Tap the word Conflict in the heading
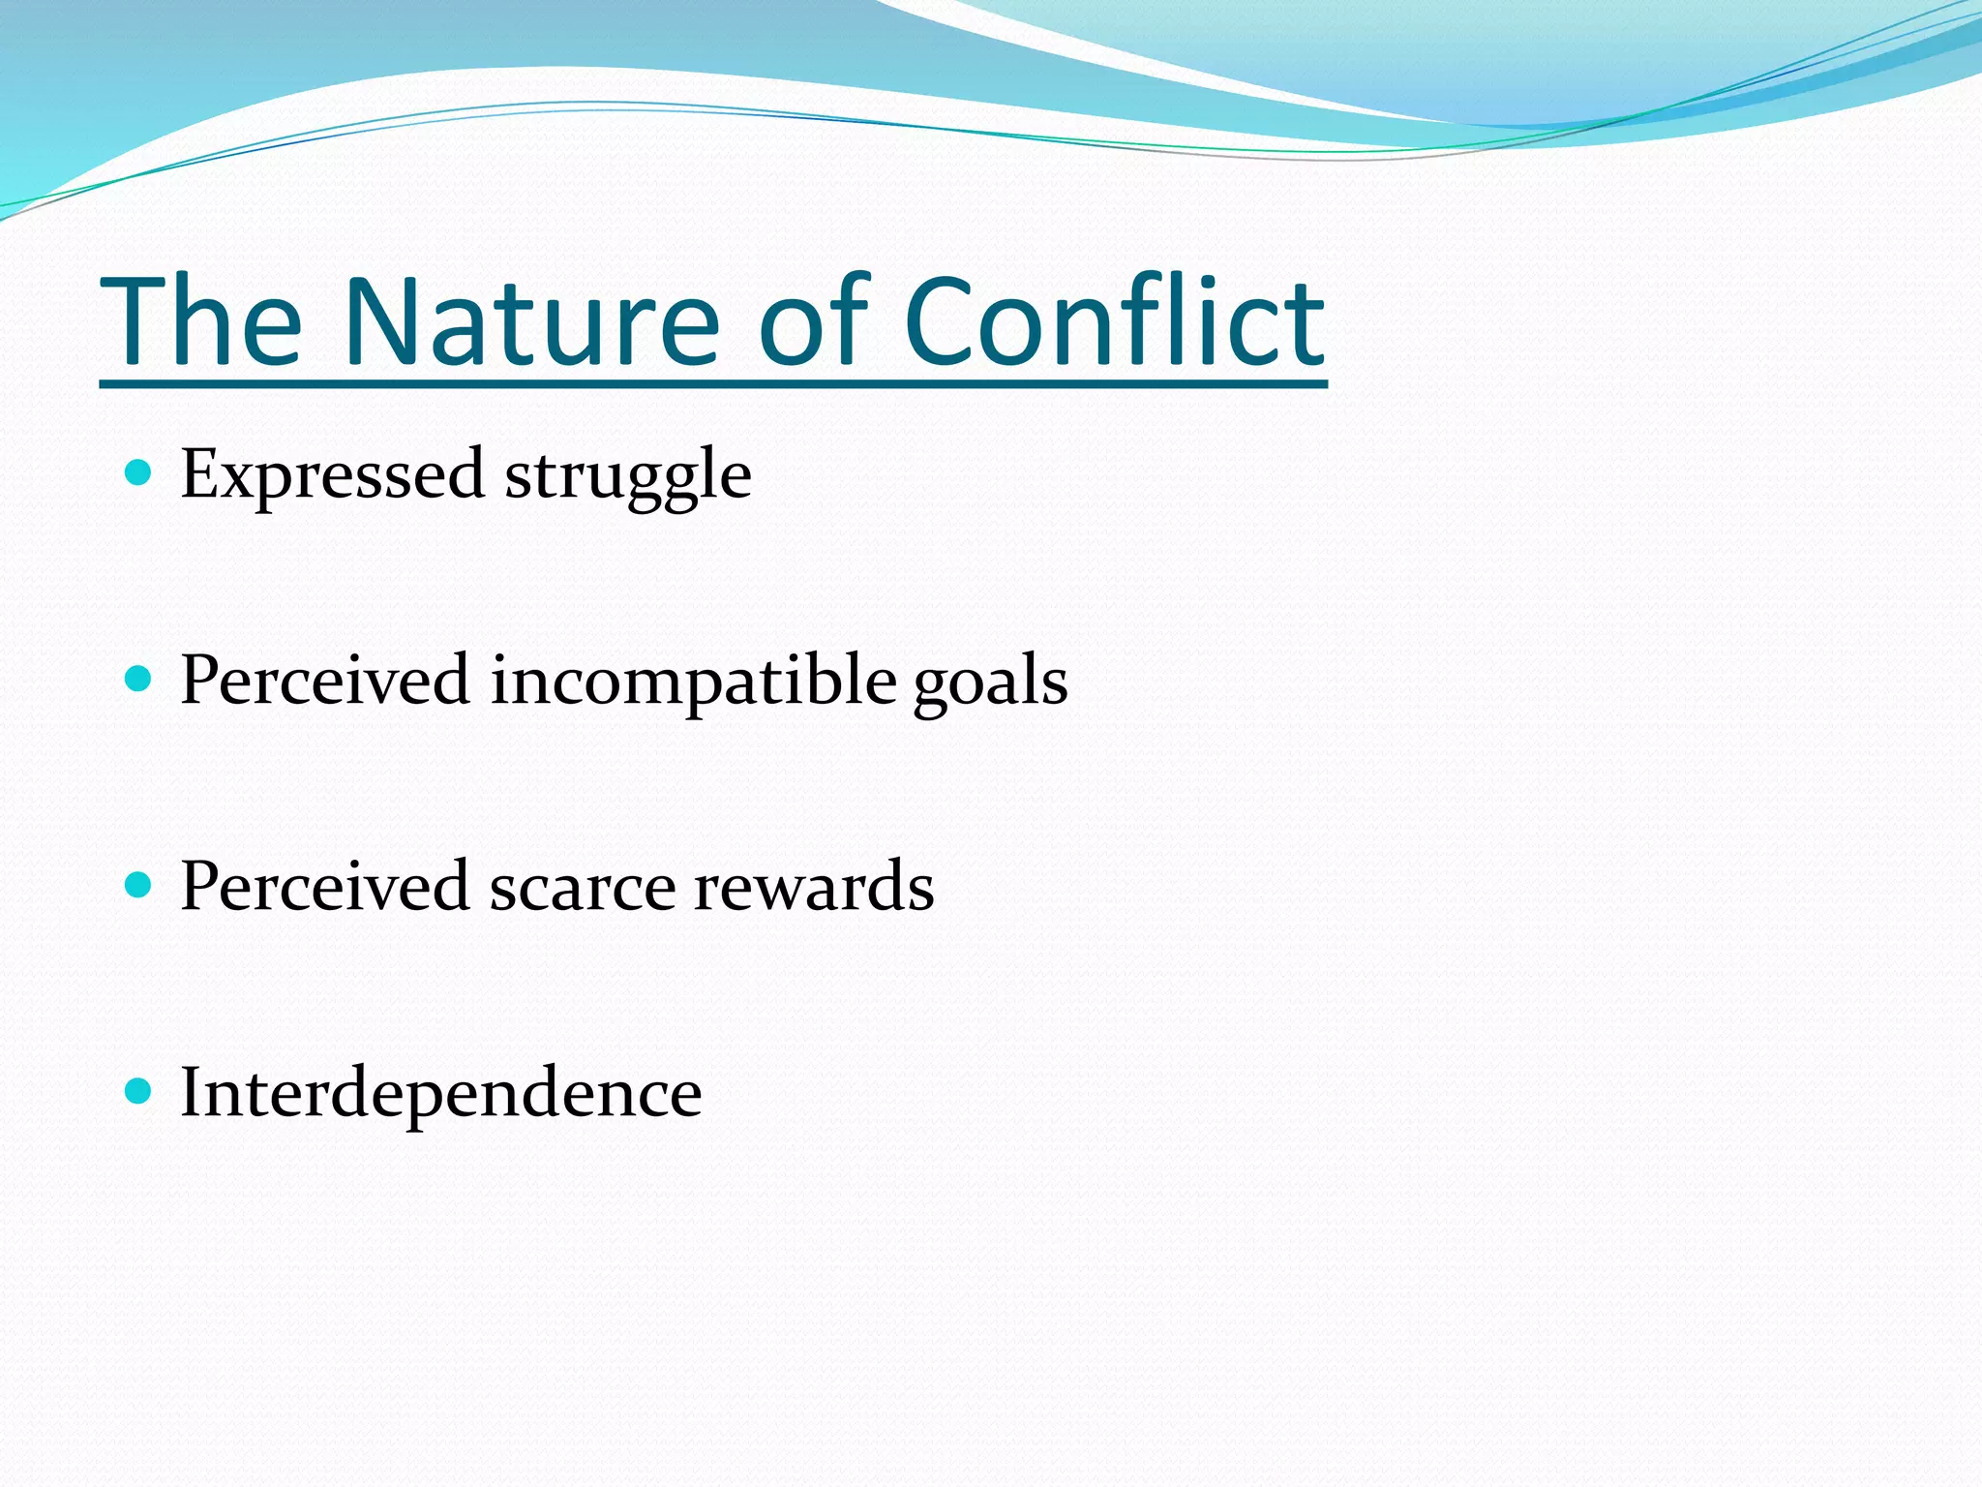1113,321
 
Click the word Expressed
332,474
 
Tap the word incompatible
693,682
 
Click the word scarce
582,887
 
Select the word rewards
813,887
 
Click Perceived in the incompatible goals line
325,680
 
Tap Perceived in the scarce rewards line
325,887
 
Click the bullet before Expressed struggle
139,472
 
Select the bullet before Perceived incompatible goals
139,679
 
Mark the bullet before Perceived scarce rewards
139,885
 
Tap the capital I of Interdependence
193,1092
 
